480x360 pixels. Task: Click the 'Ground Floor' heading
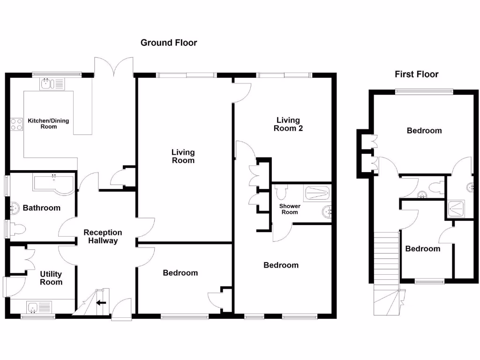[169, 43]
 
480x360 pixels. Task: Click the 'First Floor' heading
[416, 74]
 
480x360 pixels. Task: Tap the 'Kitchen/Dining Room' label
[48, 123]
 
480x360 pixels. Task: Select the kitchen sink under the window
[52, 84]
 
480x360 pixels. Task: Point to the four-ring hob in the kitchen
[17, 124]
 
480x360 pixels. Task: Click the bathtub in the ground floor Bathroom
[53, 182]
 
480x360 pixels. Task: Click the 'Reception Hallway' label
[103, 236]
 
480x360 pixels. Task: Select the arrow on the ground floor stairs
[101, 302]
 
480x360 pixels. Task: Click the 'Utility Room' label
[51, 278]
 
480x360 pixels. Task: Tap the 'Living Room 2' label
[288, 124]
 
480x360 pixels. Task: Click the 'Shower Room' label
[289, 209]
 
